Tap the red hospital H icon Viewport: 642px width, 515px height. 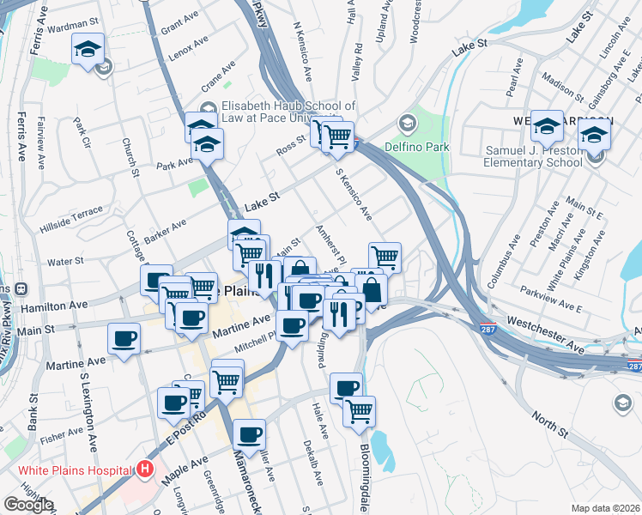tap(145, 470)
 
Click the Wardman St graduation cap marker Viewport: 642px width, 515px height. tap(88, 49)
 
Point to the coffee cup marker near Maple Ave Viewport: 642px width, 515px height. tap(250, 435)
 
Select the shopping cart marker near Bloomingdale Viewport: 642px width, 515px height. tap(359, 410)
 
